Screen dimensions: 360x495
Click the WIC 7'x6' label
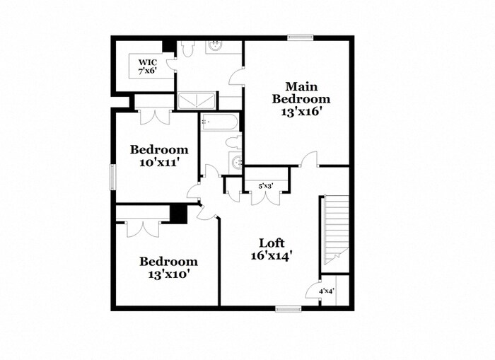tap(148, 66)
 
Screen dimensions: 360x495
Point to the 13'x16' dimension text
tap(301, 111)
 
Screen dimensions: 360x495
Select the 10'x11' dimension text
tap(159, 162)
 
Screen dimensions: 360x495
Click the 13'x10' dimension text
tap(168, 272)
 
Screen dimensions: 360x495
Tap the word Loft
tap(272, 243)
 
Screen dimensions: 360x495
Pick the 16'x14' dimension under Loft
tap(272, 255)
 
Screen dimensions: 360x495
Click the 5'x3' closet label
tap(265, 186)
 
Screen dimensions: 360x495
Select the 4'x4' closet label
tap(326, 290)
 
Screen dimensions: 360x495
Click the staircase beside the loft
tap(337, 226)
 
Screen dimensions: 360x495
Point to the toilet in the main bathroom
tap(187, 49)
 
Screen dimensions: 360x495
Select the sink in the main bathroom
tap(216, 47)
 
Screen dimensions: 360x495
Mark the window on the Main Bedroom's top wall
tap(301, 37)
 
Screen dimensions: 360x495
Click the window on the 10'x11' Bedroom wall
tap(112, 176)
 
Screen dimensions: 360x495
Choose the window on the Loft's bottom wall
tap(289, 308)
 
